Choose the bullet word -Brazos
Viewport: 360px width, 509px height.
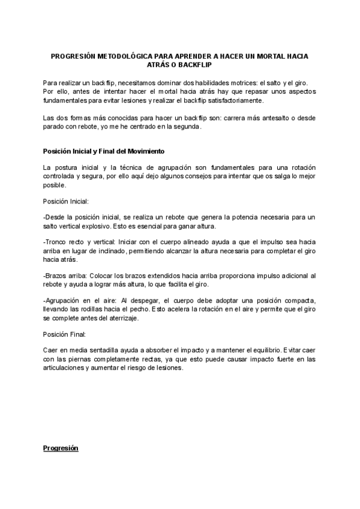(56, 274)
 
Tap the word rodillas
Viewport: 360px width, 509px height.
(95, 307)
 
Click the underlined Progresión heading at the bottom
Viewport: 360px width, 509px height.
(61, 448)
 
